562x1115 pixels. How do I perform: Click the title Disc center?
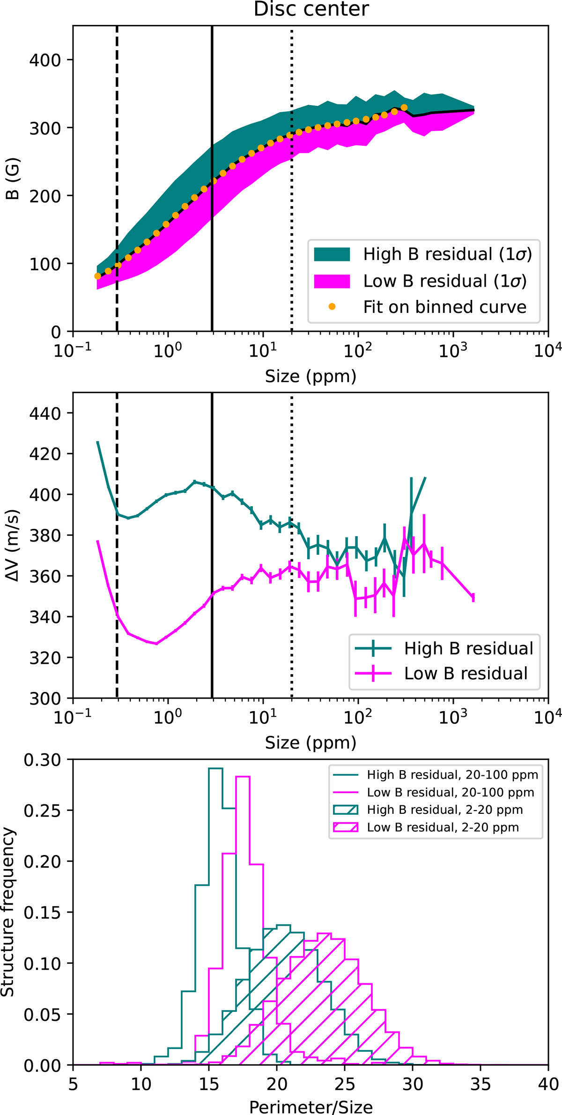(311, 9)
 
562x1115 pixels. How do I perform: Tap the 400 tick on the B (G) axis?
(45, 60)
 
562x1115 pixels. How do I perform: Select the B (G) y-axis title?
(13, 179)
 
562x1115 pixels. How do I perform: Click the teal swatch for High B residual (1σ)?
(332, 254)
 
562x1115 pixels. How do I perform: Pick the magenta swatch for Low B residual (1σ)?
(332, 281)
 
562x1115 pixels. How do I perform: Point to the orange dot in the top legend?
(332, 307)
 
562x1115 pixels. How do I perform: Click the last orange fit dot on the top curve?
(404, 108)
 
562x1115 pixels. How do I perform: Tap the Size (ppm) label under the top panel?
(311, 376)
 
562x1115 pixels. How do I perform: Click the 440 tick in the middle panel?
(45, 413)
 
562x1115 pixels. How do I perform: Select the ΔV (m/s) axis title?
(13, 546)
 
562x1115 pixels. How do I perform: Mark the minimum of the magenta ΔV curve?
(156, 643)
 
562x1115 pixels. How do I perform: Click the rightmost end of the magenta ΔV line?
(473, 597)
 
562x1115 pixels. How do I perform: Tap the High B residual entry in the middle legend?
(468, 648)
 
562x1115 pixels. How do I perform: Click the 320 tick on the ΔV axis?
(45, 658)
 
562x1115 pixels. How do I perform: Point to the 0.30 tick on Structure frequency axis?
(42, 760)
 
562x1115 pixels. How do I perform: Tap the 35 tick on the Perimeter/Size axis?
(481, 1084)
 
